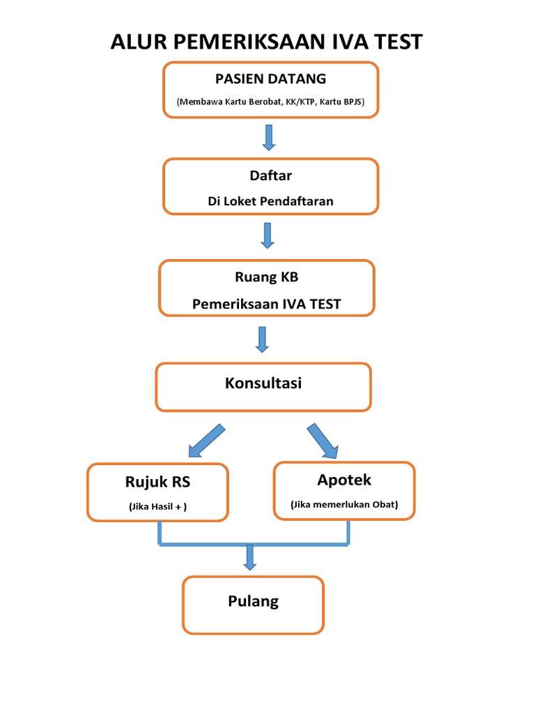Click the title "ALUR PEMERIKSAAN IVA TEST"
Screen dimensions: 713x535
(x=267, y=42)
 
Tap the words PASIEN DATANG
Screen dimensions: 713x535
(x=271, y=79)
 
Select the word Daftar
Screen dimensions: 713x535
(x=270, y=176)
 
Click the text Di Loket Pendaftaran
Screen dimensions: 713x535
(x=270, y=201)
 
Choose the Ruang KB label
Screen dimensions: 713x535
(x=267, y=277)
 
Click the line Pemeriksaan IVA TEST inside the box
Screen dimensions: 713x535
(x=267, y=304)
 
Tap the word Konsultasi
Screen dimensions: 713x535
(x=263, y=383)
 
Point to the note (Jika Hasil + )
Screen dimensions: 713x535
(x=157, y=508)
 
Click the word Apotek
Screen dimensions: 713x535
(x=344, y=480)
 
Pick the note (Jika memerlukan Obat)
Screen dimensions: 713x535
(x=345, y=505)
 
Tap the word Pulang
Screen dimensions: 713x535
(x=253, y=601)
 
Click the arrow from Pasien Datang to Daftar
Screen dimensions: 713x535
(x=269, y=137)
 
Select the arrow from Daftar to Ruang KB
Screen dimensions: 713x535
(x=267, y=235)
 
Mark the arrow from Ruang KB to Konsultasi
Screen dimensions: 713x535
(x=263, y=338)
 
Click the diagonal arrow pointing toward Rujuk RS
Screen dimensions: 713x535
(x=206, y=440)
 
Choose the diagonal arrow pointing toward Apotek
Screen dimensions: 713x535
(x=323, y=440)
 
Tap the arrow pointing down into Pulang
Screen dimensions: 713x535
(x=250, y=557)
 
